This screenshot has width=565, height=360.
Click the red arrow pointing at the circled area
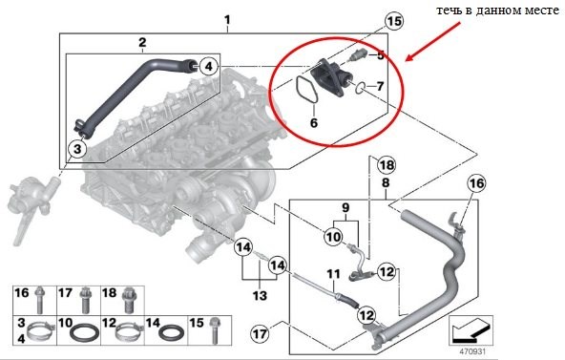pos(432,41)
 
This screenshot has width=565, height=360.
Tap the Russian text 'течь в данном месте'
pos(498,11)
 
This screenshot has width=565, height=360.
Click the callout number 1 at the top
pos(227,19)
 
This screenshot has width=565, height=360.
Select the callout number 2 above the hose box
pos(143,43)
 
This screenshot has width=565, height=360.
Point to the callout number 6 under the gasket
pos(314,123)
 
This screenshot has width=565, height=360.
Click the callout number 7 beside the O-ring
pos(380,86)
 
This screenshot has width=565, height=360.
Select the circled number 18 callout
pos(387,165)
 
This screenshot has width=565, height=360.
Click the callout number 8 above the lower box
pos(386,182)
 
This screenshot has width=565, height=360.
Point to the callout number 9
pos(345,208)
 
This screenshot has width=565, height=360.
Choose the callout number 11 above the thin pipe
pos(333,275)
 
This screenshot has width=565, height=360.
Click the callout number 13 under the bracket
pos(260,296)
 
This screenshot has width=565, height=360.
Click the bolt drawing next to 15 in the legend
pos(216,330)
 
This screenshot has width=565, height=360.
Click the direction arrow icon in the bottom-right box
pos(471,329)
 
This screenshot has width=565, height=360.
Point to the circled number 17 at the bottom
pos(260,333)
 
